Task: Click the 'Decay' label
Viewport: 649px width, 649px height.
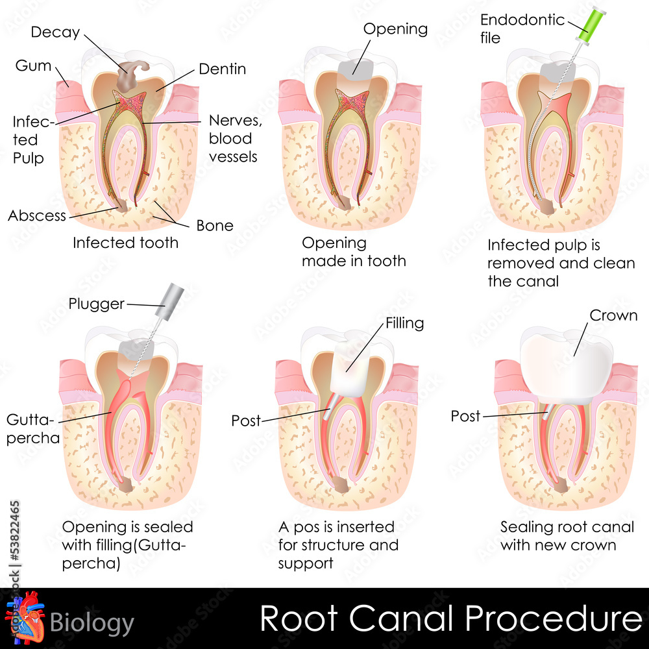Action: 55,32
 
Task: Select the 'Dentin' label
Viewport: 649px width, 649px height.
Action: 222,69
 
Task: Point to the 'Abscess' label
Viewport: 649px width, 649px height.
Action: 37,215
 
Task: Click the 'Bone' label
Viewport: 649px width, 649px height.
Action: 215,226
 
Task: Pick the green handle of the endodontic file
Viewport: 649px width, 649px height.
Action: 593,25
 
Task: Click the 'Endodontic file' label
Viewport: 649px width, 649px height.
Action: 522,29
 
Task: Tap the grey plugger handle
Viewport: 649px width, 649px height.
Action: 171,302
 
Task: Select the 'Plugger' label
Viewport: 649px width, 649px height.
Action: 96,304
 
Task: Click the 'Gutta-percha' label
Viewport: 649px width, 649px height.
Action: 33,429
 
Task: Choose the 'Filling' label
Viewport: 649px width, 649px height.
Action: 405,323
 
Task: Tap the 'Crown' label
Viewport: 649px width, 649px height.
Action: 613,315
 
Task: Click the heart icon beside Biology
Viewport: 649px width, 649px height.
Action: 25,618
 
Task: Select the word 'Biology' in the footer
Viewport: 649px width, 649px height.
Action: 92,623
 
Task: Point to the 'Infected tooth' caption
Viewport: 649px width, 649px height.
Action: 125,243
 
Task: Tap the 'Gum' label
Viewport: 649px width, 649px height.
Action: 33,66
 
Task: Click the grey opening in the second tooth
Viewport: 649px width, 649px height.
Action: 356,69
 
